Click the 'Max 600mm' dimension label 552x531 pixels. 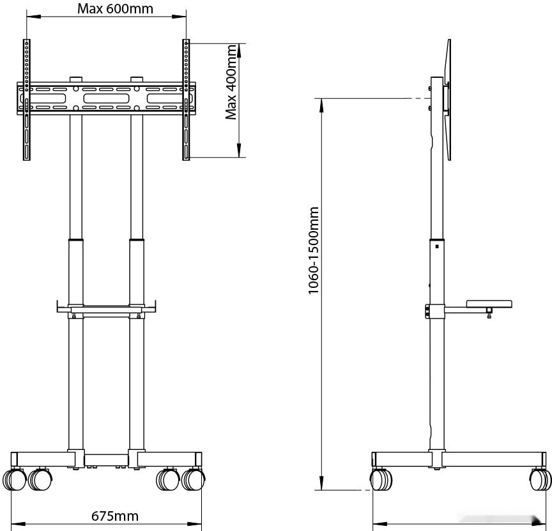click(107, 9)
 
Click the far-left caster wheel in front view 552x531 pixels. click(15, 479)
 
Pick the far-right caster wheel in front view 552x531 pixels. click(194, 479)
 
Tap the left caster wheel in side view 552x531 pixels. click(380, 479)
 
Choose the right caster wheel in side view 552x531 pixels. click(540, 479)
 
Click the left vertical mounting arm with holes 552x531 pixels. click(26, 100)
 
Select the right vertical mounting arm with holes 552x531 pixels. click(186, 100)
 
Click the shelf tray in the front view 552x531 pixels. click(107, 310)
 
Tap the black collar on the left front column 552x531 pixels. click(76, 241)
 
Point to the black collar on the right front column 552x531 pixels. click(136, 241)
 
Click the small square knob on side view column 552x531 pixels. click(436, 246)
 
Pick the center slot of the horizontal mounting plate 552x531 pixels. click(106, 99)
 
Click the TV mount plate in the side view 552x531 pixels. click(448, 99)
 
